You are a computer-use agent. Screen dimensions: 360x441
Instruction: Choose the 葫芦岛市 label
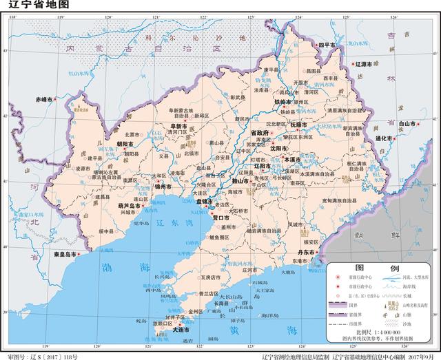(x=134, y=205)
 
